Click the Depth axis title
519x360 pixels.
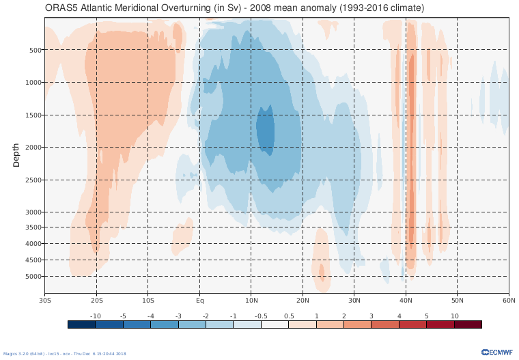pyautogui.click(x=16, y=155)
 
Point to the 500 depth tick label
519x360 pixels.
pyautogui.click(x=36, y=50)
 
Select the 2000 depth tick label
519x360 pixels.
pyautogui.click(x=34, y=148)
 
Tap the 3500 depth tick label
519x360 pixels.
pyautogui.click(x=34, y=227)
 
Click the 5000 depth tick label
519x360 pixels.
pyautogui.click(x=34, y=277)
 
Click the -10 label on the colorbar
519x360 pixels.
pyautogui.click(x=96, y=316)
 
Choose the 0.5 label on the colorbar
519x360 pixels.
pyautogui.click(x=288, y=316)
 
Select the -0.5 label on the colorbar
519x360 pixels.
pyautogui.click(x=261, y=316)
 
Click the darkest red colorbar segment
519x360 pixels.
pyautogui.click(x=468, y=324)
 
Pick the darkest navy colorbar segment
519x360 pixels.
pyautogui.click(x=81, y=324)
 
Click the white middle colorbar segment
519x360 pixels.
pyautogui.click(x=275, y=324)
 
